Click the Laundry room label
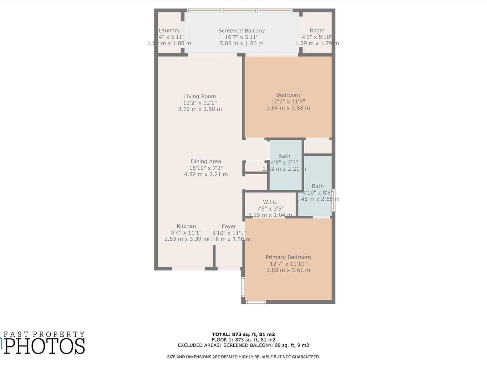(x=169, y=31)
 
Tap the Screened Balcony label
(x=242, y=31)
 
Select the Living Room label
(x=200, y=96)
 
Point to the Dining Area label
(x=206, y=161)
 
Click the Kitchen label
(x=186, y=226)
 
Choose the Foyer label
(x=229, y=226)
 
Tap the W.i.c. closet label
(x=270, y=202)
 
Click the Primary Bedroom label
(x=288, y=257)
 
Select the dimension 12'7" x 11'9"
(x=288, y=101)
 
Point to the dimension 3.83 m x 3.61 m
(x=288, y=270)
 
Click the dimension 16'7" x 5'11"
(x=242, y=37)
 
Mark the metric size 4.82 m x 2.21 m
(x=206, y=174)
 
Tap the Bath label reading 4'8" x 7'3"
(x=284, y=156)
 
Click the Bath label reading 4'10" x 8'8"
(x=318, y=186)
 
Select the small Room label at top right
(x=317, y=31)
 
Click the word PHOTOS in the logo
(x=45, y=346)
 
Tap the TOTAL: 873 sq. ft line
(x=243, y=334)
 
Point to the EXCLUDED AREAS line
(x=243, y=345)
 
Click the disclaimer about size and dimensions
(x=243, y=357)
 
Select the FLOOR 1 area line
(x=243, y=340)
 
